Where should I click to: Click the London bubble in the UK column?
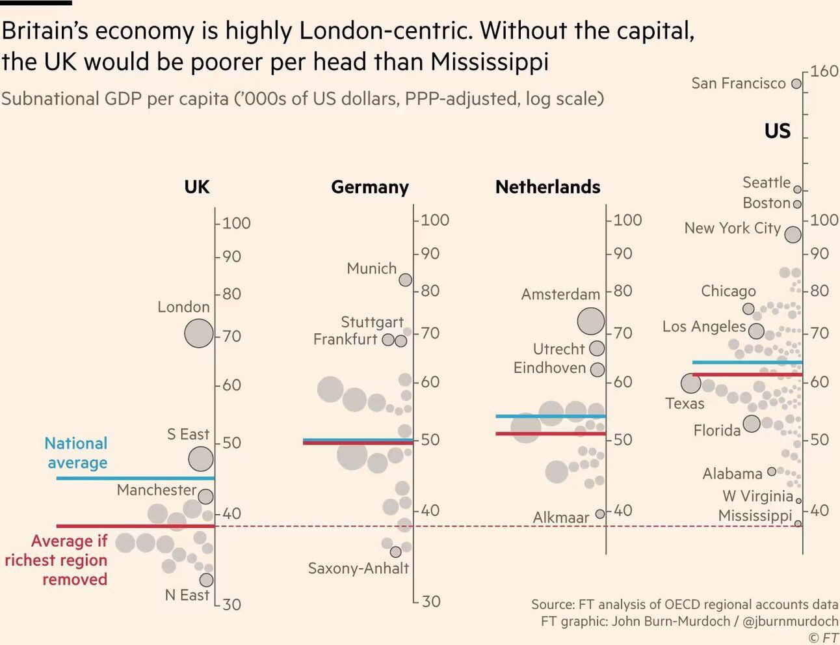[x=199, y=334]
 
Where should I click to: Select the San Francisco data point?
[x=796, y=84]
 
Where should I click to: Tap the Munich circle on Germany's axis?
[x=405, y=280]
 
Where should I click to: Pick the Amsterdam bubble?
[x=591, y=321]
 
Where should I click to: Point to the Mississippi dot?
[x=798, y=523]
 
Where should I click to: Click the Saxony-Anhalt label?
[x=358, y=568]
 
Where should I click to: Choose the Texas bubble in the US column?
[x=691, y=383]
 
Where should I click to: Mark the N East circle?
[x=206, y=579]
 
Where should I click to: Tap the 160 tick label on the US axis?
[x=824, y=71]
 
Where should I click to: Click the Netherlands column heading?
[x=547, y=187]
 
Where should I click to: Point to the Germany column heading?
[x=370, y=187]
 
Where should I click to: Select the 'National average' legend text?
[x=76, y=453]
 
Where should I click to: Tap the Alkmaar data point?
[x=600, y=514]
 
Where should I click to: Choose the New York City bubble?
[x=793, y=234]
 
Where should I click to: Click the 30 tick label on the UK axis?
[x=231, y=605]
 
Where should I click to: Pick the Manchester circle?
[x=205, y=497]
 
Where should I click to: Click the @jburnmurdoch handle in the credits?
[x=790, y=622]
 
